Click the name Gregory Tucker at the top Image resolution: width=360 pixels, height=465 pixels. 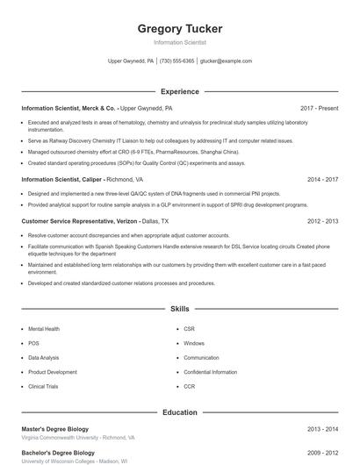pos(180,29)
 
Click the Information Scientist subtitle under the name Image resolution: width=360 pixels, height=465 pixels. pos(180,42)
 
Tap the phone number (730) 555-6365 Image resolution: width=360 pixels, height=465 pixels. pos(177,61)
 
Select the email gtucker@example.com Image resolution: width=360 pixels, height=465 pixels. pos(227,61)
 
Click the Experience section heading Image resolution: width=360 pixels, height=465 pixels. pos(180,91)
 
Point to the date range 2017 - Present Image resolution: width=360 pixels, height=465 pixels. pos(319,108)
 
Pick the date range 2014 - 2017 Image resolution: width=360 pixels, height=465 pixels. pos(322,179)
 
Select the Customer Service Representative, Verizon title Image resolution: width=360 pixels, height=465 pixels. pos(79,221)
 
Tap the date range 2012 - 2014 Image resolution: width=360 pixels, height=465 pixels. pos(322,221)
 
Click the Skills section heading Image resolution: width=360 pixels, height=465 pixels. pos(180,309)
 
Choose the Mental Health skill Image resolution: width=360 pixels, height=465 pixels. pos(44,329)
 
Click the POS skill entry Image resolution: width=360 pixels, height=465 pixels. pos(33,343)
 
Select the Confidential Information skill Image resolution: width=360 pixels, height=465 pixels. pos(210,372)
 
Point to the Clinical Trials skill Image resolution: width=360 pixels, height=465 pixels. pos(43,386)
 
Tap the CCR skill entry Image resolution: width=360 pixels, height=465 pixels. pos(189,386)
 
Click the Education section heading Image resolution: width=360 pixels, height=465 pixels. pos(180,411)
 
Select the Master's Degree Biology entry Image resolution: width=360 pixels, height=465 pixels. pos(56,428)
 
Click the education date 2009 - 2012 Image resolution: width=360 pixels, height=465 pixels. pos(322,452)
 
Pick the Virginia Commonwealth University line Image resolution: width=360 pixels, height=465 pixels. pos(78,437)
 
